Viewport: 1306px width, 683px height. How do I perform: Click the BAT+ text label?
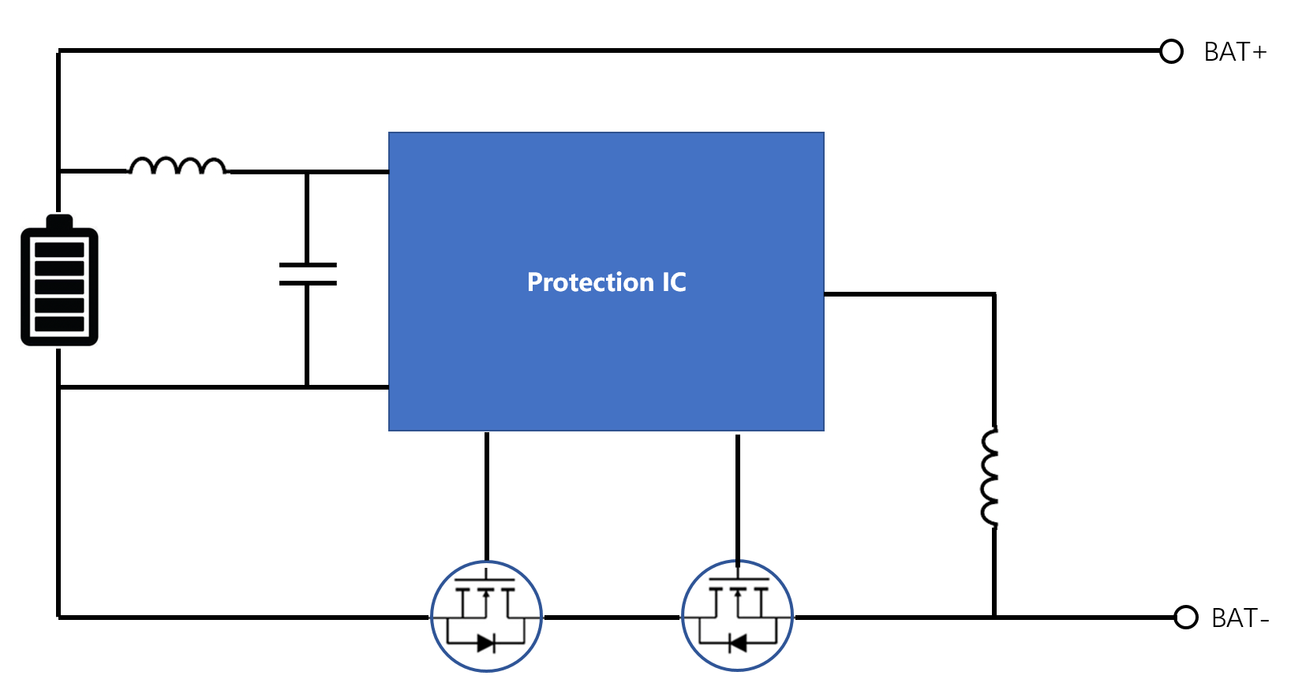[1235, 53]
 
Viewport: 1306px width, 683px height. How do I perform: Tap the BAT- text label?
[1241, 618]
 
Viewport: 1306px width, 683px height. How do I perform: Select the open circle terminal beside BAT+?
[1171, 51]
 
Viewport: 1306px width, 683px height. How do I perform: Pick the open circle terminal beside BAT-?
[1186, 618]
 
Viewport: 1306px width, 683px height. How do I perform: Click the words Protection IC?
[606, 282]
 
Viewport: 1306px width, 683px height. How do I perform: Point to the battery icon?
[59, 280]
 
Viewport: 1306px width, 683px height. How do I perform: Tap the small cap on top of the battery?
[59, 221]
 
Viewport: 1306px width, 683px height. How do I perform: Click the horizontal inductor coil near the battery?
[178, 166]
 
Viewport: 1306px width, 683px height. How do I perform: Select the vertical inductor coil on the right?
[990, 476]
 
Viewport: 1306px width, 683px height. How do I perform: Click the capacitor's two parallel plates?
[308, 274]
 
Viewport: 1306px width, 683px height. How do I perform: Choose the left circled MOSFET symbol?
[486, 616]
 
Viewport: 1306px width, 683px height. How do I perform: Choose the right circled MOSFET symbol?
[738, 616]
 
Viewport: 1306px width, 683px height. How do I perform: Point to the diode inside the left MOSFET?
[486, 644]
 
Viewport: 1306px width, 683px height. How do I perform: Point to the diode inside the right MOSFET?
[738, 644]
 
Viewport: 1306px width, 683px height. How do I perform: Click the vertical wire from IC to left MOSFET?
[487, 496]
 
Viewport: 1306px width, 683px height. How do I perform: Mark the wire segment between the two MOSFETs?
[612, 618]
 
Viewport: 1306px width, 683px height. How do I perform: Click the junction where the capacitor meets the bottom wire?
[307, 386]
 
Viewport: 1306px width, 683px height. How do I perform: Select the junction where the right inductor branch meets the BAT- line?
[994, 617]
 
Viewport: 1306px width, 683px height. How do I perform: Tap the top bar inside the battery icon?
[59, 249]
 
